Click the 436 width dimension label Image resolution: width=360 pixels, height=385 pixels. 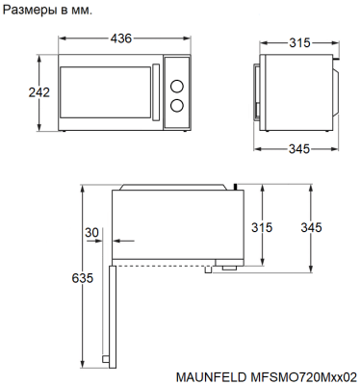pyautogui.click(x=121, y=38)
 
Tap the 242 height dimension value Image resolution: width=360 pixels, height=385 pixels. pyautogui.click(x=39, y=92)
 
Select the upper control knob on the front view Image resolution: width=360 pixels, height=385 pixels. pyautogui.click(x=176, y=87)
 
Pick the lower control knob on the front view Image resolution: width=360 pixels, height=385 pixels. pyautogui.click(x=176, y=106)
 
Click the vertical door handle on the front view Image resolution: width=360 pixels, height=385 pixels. pyautogui.click(x=156, y=92)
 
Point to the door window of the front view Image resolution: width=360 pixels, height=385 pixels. pyautogui.click(x=105, y=92)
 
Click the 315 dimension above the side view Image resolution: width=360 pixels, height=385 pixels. pyautogui.click(x=299, y=42)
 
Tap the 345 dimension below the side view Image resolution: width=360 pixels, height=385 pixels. pyautogui.click(x=299, y=149)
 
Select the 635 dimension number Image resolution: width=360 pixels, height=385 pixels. pyautogui.click(x=83, y=278)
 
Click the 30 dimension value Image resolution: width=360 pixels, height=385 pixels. pyautogui.click(x=91, y=232)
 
